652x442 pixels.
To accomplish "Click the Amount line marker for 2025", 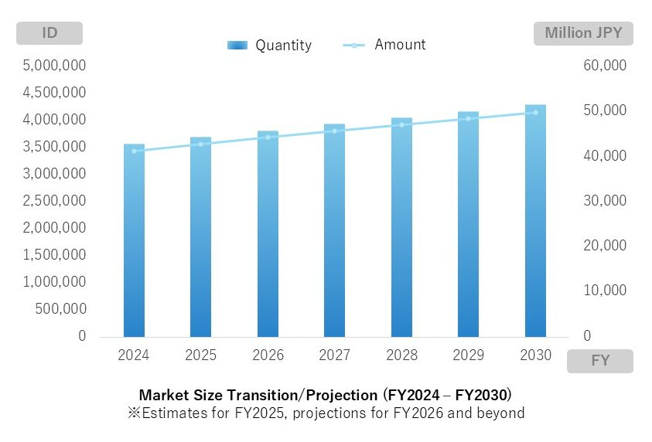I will [200, 144].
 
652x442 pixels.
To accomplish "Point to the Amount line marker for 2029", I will [468, 118].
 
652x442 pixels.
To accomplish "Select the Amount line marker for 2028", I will [401, 124].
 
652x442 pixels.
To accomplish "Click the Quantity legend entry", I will [270, 46].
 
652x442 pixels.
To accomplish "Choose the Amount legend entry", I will [384, 45].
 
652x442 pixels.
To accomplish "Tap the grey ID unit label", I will [49, 33].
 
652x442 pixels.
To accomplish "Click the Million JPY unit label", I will [583, 33].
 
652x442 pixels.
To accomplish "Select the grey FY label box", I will [599, 361].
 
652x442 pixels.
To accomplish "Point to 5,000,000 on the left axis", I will [55, 66].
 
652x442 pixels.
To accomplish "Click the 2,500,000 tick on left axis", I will [55, 201].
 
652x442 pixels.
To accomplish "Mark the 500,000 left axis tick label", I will [60, 309].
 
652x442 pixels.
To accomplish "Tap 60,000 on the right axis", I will [604, 66].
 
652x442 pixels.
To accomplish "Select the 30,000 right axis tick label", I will [604, 201].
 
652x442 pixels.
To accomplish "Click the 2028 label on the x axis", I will [401, 355].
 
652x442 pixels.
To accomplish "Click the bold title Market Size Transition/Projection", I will [325, 395].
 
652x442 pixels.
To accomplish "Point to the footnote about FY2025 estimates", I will [326, 413].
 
